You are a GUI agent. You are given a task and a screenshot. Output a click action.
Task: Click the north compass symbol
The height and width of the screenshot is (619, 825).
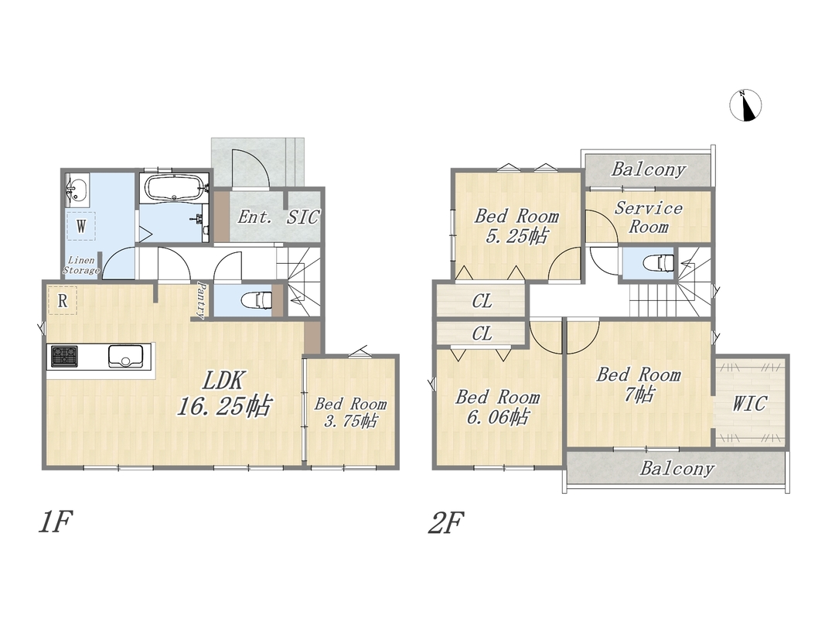pyautogui.click(x=745, y=104)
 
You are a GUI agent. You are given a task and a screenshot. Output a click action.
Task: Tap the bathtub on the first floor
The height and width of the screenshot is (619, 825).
pyautogui.click(x=174, y=189)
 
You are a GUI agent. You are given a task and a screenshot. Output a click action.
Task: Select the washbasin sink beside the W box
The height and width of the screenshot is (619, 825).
pyautogui.click(x=77, y=189)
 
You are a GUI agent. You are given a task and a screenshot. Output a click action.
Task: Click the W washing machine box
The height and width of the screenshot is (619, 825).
pyautogui.click(x=80, y=226)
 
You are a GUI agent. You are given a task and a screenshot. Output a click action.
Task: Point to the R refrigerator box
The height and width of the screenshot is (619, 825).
pyautogui.click(x=62, y=300)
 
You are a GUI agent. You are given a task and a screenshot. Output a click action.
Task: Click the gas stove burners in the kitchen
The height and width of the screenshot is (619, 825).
pyautogui.click(x=64, y=356)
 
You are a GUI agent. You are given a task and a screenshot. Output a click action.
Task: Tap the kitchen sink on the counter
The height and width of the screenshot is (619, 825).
pyautogui.click(x=125, y=356)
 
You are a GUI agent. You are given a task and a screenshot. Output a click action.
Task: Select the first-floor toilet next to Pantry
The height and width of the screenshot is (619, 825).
pyautogui.click(x=256, y=300)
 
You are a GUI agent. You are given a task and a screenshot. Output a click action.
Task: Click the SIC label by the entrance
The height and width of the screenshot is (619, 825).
pyautogui.click(x=303, y=217)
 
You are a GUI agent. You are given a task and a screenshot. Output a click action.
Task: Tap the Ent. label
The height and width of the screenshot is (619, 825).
pyautogui.click(x=254, y=217)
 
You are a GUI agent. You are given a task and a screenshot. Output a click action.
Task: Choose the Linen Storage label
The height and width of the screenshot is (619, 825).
pyautogui.click(x=81, y=265)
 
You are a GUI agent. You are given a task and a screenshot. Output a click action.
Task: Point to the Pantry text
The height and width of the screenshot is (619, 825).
pyautogui.click(x=200, y=300)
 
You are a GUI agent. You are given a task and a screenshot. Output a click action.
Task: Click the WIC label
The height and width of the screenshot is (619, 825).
pyautogui.click(x=750, y=404)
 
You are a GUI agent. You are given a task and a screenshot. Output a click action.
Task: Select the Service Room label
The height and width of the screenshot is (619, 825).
pyautogui.click(x=648, y=217)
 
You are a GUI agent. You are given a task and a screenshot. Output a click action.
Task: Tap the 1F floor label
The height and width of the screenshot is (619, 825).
pyautogui.click(x=55, y=523)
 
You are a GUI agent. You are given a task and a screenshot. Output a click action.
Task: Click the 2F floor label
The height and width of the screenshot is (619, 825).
pyautogui.click(x=445, y=523)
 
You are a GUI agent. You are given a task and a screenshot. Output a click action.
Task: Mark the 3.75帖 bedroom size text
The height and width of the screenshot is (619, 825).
pyautogui.click(x=350, y=422)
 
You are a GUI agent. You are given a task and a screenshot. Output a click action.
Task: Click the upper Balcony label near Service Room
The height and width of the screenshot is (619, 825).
pyautogui.click(x=648, y=169)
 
